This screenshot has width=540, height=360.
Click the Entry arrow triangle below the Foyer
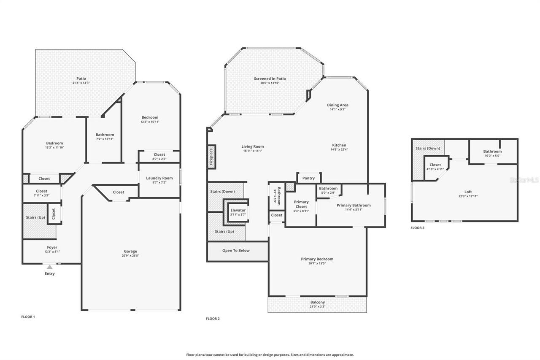50,267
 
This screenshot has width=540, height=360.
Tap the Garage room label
130,252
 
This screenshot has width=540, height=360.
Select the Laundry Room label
159,178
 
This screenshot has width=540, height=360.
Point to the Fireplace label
211,157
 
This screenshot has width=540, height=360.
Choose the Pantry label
308,178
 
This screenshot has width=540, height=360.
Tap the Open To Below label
236,251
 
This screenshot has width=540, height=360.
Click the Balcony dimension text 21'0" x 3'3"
318,307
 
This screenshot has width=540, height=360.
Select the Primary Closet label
301,204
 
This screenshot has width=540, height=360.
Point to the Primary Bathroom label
354,205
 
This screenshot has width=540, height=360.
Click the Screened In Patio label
270,78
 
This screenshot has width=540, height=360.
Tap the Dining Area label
337,105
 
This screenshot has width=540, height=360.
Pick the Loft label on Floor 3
468,192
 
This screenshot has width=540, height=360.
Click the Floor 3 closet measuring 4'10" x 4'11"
435,167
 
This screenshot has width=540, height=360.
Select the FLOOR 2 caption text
213,319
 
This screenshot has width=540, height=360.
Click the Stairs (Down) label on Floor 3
428,148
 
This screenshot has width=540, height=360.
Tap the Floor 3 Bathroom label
492,152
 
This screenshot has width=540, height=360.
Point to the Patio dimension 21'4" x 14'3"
81,83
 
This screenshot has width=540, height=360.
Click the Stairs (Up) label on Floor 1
35,217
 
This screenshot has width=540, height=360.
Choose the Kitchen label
339,145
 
